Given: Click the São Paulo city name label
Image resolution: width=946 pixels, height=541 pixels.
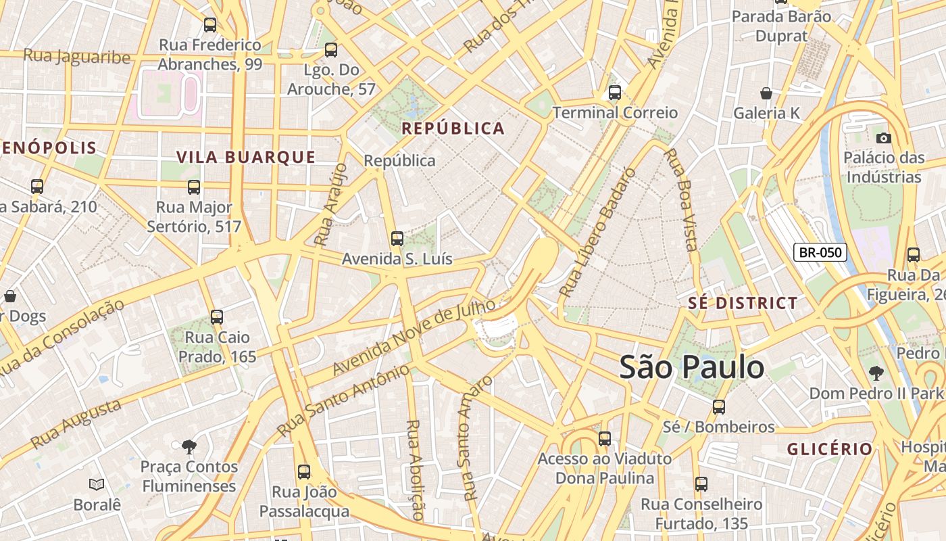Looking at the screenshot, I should pyautogui.click(x=692, y=367).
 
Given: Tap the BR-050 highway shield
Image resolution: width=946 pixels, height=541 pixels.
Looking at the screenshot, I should pyautogui.click(x=820, y=253).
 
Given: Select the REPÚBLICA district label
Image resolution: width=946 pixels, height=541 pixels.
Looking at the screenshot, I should pyautogui.click(x=453, y=128).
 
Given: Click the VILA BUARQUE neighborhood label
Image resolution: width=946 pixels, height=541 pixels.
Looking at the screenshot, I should pyautogui.click(x=246, y=158).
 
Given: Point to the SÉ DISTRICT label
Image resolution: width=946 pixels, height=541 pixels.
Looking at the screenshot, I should pyautogui.click(x=743, y=303).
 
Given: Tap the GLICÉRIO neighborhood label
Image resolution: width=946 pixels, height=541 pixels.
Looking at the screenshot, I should pyautogui.click(x=830, y=449).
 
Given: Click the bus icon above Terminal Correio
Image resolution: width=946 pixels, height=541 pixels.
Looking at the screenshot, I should pyautogui.click(x=614, y=93).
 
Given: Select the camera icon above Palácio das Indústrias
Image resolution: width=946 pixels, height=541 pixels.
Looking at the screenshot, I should pyautogui.click(x=883, y=138).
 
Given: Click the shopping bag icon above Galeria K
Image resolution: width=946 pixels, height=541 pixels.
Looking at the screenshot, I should pyautogui.click(x=766, y=93).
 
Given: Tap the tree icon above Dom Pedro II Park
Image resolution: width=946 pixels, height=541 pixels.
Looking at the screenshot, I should pyautogui.click(x=876, y=372).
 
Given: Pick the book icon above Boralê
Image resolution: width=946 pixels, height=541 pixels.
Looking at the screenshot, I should pyautogui.click(x=97, y=484).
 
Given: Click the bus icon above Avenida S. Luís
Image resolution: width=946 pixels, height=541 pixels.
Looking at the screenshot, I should pyautogui.click(x=397, y=239).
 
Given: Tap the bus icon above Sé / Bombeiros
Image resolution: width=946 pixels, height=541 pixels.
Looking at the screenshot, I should pyautogui.click(x=719, y=406).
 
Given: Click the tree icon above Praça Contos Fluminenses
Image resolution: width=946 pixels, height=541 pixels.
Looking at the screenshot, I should pyautogui.click(x=189, y=446).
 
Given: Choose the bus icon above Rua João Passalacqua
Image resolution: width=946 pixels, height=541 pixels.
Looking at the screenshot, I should pyautogui.click(x=304, y=471).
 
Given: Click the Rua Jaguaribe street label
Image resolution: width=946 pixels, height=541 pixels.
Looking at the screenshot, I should pyautogui.click(x=76, y=56).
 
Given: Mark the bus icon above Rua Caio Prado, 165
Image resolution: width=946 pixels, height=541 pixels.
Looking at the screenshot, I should pyautogui.click(x=216, y=316).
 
